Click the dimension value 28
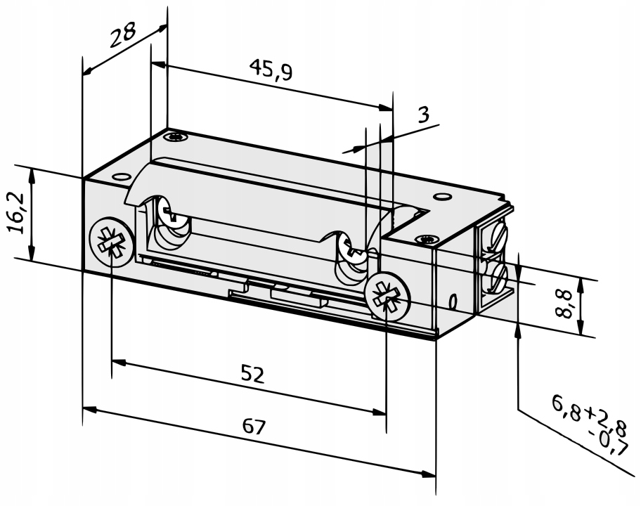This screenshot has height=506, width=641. tap(122, 34)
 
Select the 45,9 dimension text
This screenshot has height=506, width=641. tap(271, 70)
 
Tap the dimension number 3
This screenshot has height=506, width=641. tap(424, 115)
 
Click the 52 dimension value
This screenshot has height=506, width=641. tap(252, 375)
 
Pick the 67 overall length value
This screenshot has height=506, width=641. tap(254, 427)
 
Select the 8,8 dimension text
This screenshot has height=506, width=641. tap(564, 304)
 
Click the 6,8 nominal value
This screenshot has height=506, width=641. tap(566, 408)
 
